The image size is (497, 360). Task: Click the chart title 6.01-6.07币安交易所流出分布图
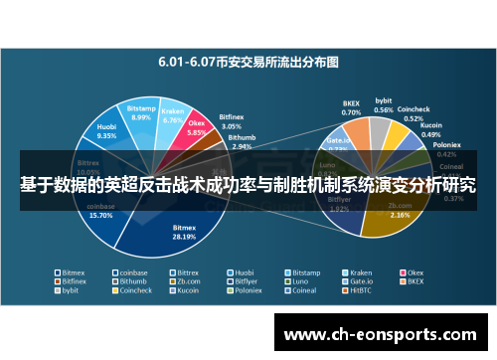click(248, 61)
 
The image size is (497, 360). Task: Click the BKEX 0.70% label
click(351, 107)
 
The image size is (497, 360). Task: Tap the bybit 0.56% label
click(383, 104)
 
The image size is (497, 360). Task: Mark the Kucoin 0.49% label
click(431, 130)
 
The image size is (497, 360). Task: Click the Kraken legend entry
click(362, 270)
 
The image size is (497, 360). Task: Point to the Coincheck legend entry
click(134, 290)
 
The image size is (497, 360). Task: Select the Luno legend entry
click(302, 280)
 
